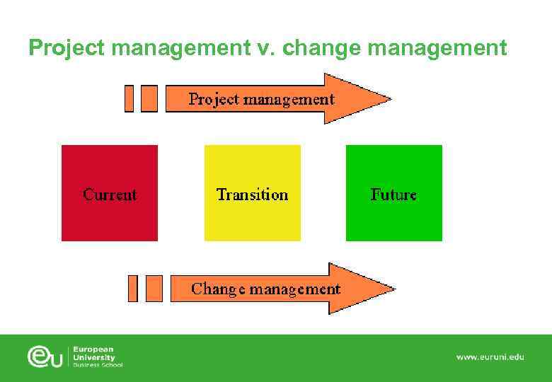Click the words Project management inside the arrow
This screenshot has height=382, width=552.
pos(261,99)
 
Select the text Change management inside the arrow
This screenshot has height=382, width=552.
pos(265,289)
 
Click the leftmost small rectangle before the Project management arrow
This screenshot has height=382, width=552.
pos(129,98)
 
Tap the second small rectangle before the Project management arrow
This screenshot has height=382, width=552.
pos(149,98)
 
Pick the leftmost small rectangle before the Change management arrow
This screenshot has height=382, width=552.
pos(132,289)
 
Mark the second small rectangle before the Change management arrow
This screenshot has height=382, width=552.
pos(154,289)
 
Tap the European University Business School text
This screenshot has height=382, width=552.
pos(98,357)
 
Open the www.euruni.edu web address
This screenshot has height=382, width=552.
pos(490,357)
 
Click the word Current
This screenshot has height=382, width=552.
pos(110,195)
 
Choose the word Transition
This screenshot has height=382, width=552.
pos(252,195)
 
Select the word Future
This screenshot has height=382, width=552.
pos(393,195)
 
